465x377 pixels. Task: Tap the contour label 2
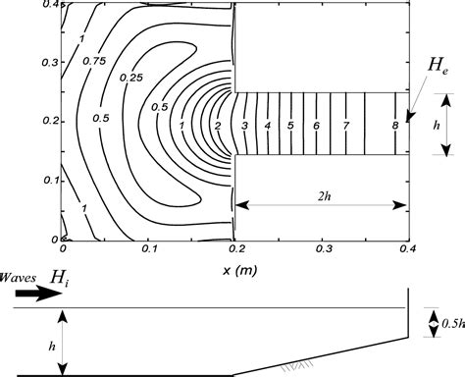[x=217, y=127]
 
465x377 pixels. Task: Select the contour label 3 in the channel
[x=245, y=127]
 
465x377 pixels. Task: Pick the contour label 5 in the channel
[x=290, y=127]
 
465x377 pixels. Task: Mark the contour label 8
[x=394, y=127]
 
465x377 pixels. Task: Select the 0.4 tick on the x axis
[x=406, y=250]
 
